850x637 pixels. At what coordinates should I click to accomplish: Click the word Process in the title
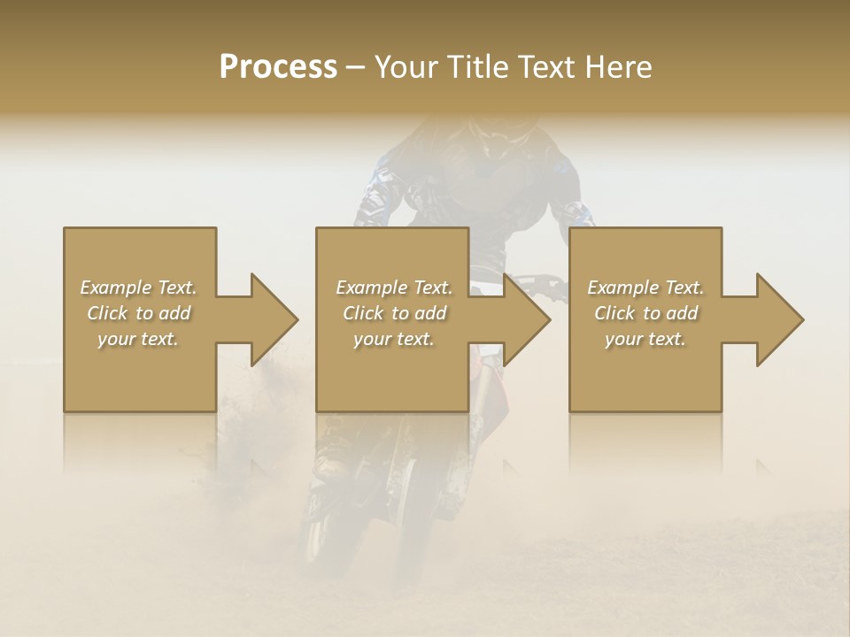pyautogui.click(x=278, y=67)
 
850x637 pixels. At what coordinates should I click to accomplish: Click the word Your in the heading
pyautogui.click(x=406, y=67)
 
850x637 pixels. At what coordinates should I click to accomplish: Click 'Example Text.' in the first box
pyautogui.click(x=138, y=288)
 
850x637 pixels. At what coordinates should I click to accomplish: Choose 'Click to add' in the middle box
pyautogui.click(x=394, y=313)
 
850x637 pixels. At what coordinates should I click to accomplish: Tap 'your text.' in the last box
pyautogui.click(x=645, y=339)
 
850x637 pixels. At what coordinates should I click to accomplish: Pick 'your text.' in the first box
pyautogui.click(x=138, y=339)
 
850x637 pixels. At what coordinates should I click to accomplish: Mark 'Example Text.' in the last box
pyautogui.click(x=645, y=288)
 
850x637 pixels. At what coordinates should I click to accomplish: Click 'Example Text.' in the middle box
pyautogui.click(x=394, y=288)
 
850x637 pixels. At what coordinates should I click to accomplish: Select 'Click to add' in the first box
pyautogui.click(x=138, y=313)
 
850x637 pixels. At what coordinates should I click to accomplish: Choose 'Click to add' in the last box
pyautogui.click(x=645, y=313)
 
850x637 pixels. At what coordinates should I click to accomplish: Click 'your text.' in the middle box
pyautogui.click(x=394, y=339)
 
